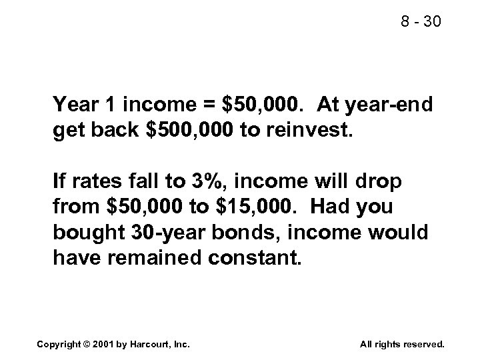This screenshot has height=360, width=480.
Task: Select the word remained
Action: pos(149,257)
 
